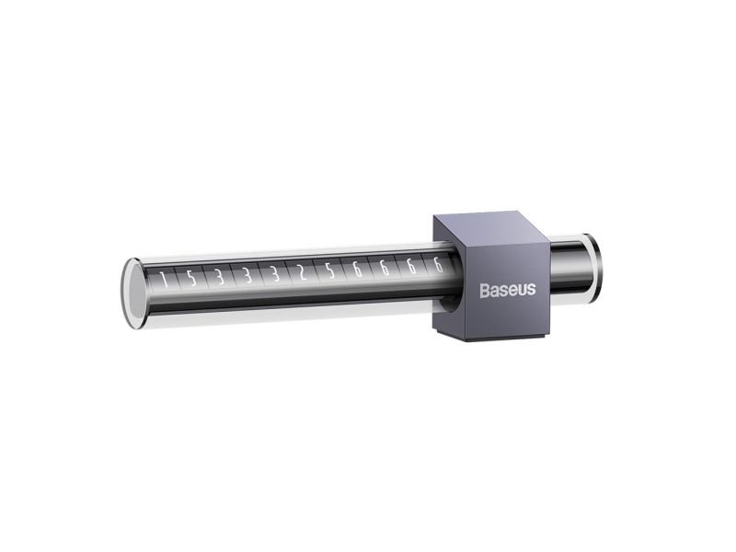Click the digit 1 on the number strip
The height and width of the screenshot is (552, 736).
(164, 280)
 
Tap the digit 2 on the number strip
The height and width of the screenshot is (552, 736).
(303, 272)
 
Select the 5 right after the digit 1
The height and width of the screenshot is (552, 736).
(191, 278)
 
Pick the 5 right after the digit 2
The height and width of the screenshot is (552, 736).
(330, 270)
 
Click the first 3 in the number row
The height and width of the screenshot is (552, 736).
(219, 277)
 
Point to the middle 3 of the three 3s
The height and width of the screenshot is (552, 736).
(247, 275)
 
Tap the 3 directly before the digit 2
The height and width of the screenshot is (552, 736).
(275, 274)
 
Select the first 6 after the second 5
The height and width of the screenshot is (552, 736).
(357, 270)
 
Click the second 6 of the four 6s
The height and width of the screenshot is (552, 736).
(385, 268)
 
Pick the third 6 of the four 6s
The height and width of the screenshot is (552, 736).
(411, 267)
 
